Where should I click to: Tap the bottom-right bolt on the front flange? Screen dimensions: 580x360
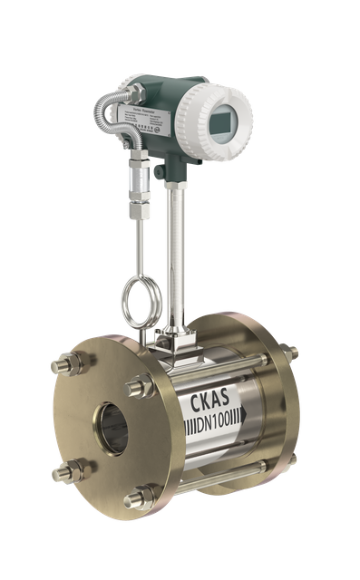tap(142, 497)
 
